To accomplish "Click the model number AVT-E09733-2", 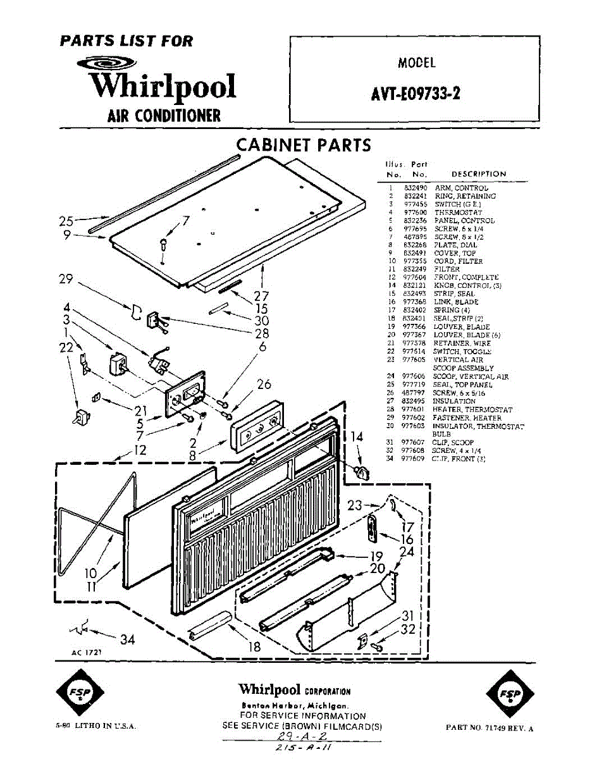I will coord(415,94).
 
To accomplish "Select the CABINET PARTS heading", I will coord(304,145).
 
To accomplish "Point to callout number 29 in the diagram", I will coord(66,279).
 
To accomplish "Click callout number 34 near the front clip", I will coord(127,639).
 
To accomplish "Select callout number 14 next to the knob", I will coord(357,436).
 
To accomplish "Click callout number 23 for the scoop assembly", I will coord(355,505).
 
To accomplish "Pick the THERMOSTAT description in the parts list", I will coord(458,213).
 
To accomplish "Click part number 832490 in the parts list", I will coord(416,188).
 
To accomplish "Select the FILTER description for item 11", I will coord(447,269).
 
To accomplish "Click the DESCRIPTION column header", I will coord(479,174).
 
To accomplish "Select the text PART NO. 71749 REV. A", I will coord(489,728).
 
